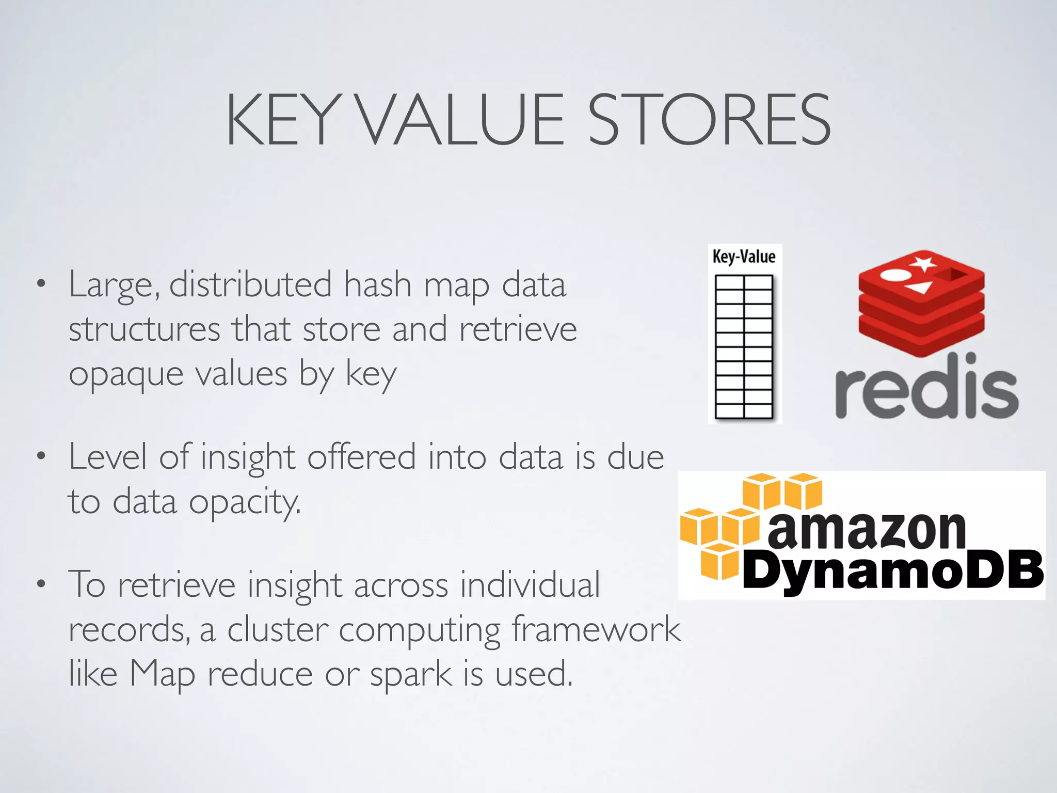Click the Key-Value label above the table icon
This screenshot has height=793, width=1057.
[x=744, y=257]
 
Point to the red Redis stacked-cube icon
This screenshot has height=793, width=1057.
[x=921, y=305]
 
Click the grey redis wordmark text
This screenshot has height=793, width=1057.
[x=926, y=387]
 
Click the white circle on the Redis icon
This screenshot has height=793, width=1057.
[x=891, y=275]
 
